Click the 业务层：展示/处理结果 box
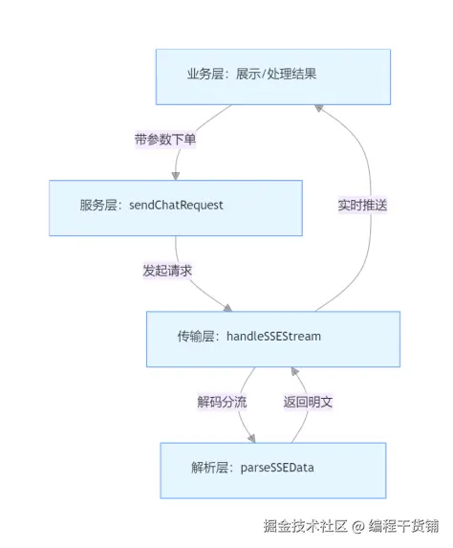click(273, 77)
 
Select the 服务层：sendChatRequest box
click(176, 208)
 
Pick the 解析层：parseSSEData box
click(273, 470)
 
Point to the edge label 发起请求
click(167, 271)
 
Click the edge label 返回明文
click(308, 403)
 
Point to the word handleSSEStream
click(274, 339)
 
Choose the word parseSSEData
click(279, 470)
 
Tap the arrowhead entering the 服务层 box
click(176, 175)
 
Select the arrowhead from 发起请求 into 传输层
click(228, 306)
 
